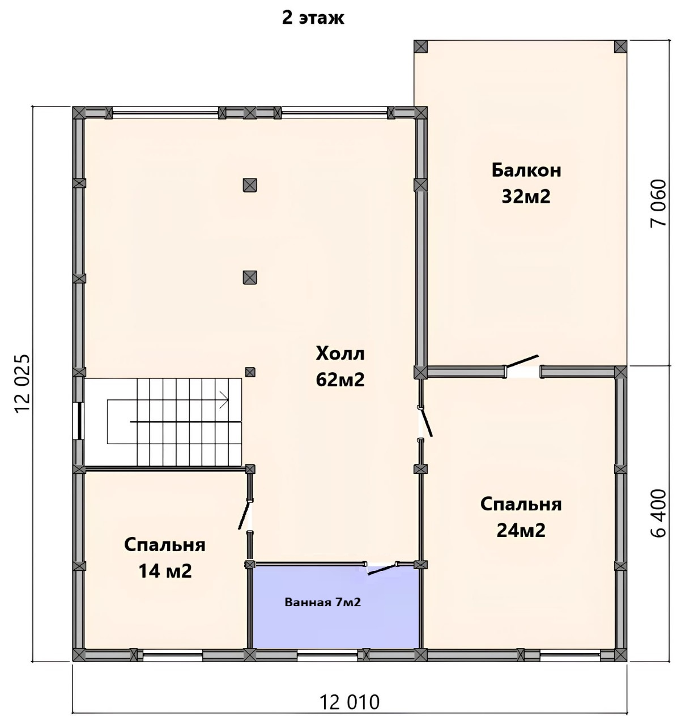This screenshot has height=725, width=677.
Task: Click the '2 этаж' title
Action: [x=313, y=18]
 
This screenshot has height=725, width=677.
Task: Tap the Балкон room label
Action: [x=526, y=170]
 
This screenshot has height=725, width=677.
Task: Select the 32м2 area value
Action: [x=526, y=197]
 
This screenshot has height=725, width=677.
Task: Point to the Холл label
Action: [x=340, y=353]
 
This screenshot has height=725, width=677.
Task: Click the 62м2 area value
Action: [x=340, y=379]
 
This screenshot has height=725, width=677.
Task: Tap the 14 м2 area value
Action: [x=165, y=571]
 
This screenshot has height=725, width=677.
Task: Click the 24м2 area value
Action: [x=521, y=530]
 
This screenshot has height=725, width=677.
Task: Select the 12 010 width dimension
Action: [x=350, y=702]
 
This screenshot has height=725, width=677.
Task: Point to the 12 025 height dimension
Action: [x=23, y=383]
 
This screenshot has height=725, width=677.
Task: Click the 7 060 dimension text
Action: [x=658, y=203]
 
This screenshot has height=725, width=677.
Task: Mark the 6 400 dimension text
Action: [x=658, y=513]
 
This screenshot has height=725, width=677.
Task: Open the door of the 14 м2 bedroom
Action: [x=245, y=515]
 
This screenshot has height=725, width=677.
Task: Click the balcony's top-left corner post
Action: [x=421, y=46]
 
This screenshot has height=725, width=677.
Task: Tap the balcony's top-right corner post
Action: [x=621, y=46]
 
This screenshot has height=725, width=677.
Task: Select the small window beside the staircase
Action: [x=78, y=420]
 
